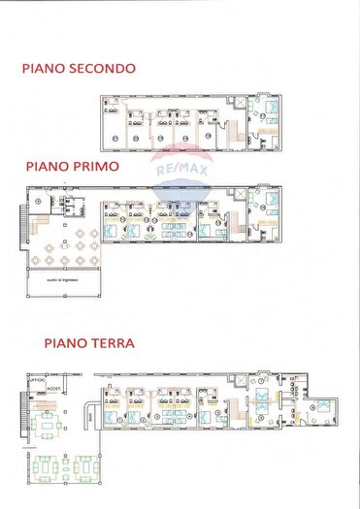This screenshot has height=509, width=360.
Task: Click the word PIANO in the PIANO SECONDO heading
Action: click(43, 69)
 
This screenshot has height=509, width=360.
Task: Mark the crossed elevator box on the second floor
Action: click(238, 101)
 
